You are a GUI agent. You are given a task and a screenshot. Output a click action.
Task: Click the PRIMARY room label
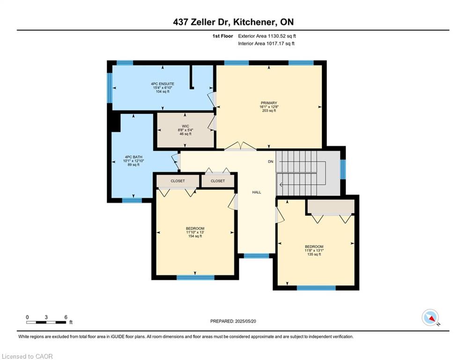click(x=269, y=103)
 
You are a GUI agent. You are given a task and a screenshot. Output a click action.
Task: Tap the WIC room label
click(x=185, y=126)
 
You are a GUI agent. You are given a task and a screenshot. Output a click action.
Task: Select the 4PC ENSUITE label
click(x=163, y=84)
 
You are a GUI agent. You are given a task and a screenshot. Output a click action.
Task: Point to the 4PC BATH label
click(x=133, y=157)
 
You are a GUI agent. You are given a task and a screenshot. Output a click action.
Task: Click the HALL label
click(x=257, y=192)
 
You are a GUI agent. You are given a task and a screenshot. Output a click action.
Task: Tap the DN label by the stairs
click(x=270, y=162)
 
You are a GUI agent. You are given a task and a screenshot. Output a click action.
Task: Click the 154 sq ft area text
click(x=195, y=236)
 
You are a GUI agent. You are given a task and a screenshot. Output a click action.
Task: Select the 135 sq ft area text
click(x=314, y=255)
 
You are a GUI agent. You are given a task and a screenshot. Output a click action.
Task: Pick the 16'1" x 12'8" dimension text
click(x=269, y=107)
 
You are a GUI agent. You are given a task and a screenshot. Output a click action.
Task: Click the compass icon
click(x=430, y=317)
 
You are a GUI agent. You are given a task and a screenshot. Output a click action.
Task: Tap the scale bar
click(x=46, y=322)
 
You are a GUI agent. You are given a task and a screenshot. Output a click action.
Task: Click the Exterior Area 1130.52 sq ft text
click(x=267, y=36)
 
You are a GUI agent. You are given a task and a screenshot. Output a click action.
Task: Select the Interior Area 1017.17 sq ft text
click(x=266, y=44)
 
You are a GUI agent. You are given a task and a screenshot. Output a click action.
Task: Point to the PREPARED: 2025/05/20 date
click(x=233, y=321)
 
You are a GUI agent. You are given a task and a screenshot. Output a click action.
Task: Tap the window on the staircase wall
click(x=343, y=169)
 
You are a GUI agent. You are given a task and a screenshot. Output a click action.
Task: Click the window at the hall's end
click(x=257, y=255)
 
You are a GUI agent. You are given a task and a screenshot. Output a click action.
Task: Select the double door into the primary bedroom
click(x=240, y=146)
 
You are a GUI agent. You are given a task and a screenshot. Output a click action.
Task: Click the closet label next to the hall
click(x=218, y=181)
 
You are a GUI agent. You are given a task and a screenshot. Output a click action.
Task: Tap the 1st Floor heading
click(x=222, y=36)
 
